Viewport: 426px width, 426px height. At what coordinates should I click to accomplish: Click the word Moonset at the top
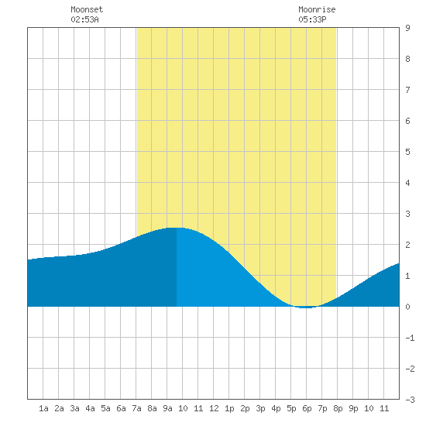point(87,9)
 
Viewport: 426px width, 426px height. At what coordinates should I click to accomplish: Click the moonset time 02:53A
point(84,19)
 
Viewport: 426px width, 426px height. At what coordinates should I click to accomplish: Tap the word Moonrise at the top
point(317,9)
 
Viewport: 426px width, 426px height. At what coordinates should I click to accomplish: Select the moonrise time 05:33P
point(312,19)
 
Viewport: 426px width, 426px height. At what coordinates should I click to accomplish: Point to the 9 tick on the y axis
point(407,28)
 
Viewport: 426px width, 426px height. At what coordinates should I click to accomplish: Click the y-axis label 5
point(407,152)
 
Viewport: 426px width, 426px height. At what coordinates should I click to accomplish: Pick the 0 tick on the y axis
point(407,307)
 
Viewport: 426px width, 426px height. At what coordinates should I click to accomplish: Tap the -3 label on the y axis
point(410,400)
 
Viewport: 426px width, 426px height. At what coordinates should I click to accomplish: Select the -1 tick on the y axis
point(410,338)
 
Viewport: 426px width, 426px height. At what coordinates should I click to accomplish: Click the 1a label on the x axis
point(43,408)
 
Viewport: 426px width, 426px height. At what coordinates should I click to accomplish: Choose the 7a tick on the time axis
point(136,408)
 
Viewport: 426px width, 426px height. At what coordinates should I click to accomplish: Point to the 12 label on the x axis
point(214,408)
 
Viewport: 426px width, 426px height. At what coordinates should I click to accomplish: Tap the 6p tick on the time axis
point(307,408)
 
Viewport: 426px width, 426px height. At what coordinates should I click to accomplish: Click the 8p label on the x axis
point(338,408)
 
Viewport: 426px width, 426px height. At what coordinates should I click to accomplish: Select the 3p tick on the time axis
point(260,408)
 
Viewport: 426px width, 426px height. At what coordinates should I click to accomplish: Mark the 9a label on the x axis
point(167,408)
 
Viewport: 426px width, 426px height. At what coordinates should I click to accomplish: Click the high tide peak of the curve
point(175,228)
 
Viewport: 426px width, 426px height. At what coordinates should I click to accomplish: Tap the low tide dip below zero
point(306,307)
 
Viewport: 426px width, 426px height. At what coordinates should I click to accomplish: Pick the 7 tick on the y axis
point(407,90)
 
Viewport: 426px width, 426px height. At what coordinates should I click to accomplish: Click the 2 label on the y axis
point(407,245)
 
